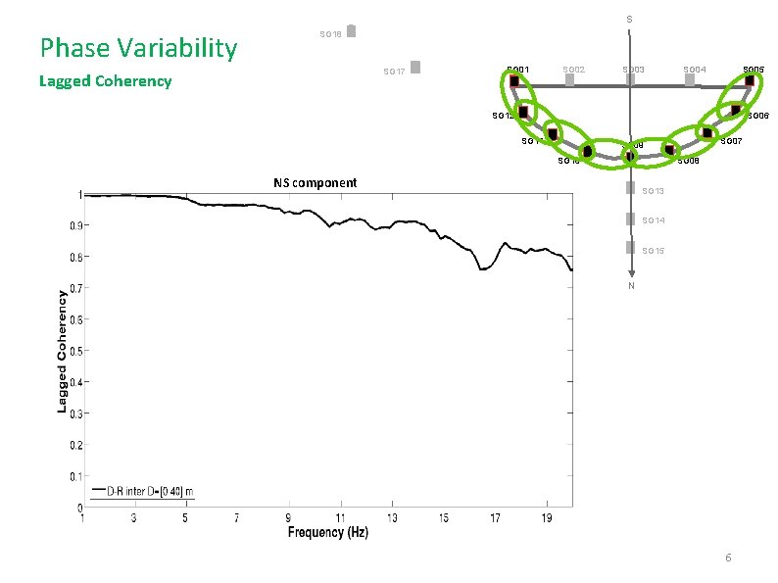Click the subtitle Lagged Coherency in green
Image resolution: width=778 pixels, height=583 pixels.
coord(105,81)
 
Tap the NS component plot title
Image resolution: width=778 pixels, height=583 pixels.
coord(315,182)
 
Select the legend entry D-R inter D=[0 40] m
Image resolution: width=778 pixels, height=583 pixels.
coord(143,490)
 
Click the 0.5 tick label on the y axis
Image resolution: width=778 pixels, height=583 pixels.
coord(73,351)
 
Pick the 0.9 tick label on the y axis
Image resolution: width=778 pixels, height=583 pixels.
coord(73,225)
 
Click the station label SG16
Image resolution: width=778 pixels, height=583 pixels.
coord(330,35)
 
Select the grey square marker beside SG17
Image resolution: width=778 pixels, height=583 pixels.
coord(415,67)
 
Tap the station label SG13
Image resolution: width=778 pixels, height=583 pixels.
coord(654,190)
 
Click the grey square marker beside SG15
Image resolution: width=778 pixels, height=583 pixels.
coord(630,249)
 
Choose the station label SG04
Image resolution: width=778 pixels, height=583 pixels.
coord(695,70)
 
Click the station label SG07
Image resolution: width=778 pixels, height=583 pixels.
coord(731,142)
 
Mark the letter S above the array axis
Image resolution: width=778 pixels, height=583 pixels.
coord(629,20)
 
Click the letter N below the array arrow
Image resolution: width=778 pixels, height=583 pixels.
coord(631,286)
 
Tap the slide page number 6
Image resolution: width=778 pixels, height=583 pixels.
coord(728,558)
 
